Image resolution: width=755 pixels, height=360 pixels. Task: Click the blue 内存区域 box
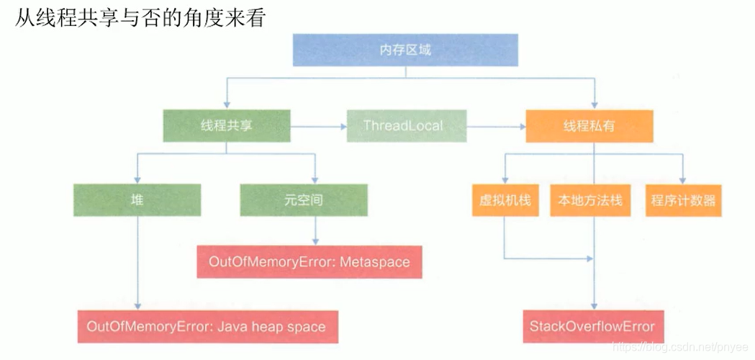405,50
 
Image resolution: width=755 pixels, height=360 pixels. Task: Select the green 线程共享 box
226,126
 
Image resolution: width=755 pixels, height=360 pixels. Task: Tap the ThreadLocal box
406,125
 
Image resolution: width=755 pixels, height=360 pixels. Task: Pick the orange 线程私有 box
589,126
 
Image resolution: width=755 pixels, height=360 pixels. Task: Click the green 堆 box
137,200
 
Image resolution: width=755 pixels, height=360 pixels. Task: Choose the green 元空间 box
303,200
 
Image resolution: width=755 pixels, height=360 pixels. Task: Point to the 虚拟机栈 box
505,200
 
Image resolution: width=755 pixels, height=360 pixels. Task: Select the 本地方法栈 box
589,200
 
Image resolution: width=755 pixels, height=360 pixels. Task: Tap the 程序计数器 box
683,200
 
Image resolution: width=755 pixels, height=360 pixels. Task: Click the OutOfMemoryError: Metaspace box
309,261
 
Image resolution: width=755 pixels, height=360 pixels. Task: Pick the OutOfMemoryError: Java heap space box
207,326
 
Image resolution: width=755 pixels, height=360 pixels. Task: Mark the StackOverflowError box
592,326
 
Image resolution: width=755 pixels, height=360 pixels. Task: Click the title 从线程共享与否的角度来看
140,17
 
